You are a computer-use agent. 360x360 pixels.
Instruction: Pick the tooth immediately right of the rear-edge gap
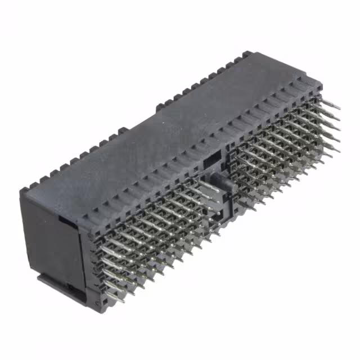(x=158, y=105)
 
